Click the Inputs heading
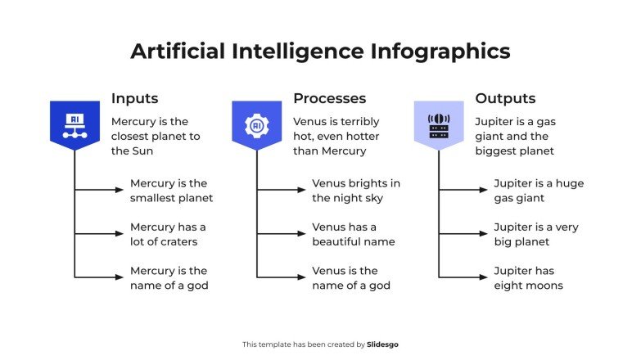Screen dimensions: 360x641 (x=134, y=98)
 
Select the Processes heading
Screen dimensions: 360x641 (x=329, y=98)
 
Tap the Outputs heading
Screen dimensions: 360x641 (x=505, y=98)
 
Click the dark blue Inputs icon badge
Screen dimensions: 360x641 (x=74, y=124)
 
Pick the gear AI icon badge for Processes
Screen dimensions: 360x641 (x=256, y=124)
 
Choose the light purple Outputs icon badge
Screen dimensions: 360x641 (x=438, y=124)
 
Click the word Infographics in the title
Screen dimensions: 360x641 (x=440, y=51)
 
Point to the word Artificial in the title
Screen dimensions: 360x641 (x=178, y=51)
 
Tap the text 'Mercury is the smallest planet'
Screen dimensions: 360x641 (x=171, y=191)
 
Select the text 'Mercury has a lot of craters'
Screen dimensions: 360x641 (x=168, y=234)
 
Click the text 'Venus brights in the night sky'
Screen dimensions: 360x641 (x=355, y=191)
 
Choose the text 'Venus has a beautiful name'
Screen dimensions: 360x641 (x=353, y=234)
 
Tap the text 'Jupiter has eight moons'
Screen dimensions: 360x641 (x=528, y=278)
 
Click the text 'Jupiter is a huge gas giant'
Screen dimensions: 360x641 (x=538, y=191)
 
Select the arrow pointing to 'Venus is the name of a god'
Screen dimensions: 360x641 (x=282, y=277)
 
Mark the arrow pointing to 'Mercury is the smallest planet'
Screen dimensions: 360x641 (x=100, y=190)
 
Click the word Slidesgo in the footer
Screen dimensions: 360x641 (x=383, y=344)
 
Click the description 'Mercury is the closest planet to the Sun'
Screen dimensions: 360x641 (x=155, y=136)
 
